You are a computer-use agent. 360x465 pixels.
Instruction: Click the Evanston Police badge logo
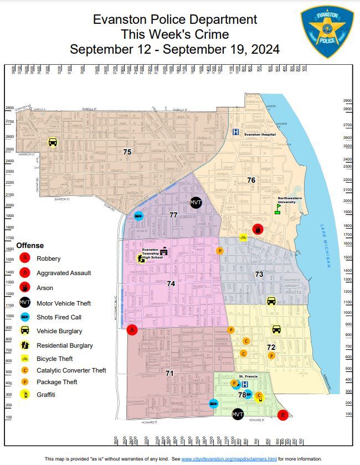click(x=327, y=32)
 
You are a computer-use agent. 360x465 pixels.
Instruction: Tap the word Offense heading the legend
click(x=30, y=245)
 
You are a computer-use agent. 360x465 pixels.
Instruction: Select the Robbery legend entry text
click(x=49, y=259)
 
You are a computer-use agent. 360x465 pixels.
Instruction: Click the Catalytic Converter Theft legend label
click(x=71, y=370)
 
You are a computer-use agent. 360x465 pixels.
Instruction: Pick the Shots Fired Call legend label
click(x=60, y=317)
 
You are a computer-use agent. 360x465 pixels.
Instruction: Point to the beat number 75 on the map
click(x=127, y=151)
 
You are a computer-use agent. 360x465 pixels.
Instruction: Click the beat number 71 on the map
click(x=169, y=373)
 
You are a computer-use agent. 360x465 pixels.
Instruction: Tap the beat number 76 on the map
click(x=251, y=180)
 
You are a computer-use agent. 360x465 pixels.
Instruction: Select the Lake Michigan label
click(x=327, y=246)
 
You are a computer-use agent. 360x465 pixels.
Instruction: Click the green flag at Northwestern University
click(x=278, y=208)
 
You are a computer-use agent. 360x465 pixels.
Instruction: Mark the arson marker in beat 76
click(x=258, y=229)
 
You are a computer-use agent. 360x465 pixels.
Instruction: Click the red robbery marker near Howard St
click(x=282, y=415)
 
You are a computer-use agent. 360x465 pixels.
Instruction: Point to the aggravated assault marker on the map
click(x=132, y=330)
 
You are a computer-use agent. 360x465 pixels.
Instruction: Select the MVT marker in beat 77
click(x=196, y=203)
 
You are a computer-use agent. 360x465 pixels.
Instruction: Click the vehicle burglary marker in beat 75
click(x=52, y=142)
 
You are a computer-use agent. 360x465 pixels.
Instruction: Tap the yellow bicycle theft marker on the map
click(x=243, y=237)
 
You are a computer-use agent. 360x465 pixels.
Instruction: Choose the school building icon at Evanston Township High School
click(x=163, y=252)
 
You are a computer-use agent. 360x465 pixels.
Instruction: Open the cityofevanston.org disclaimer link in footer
click(x=229, y=459)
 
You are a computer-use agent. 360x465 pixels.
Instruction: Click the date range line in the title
click(x=174, y=49)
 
